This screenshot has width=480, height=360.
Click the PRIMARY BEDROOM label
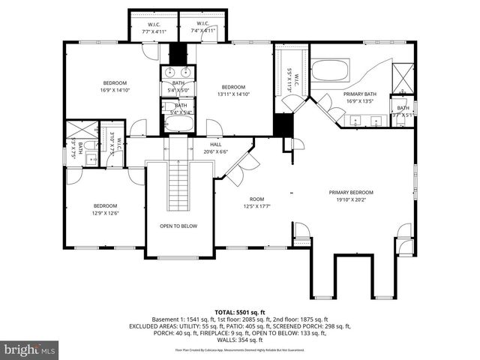point(350,193)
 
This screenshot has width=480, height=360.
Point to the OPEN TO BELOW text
point(178,226)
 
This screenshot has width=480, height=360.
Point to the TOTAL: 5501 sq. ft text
point(239,311)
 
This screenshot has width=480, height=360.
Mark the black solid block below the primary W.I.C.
point(282,124)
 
